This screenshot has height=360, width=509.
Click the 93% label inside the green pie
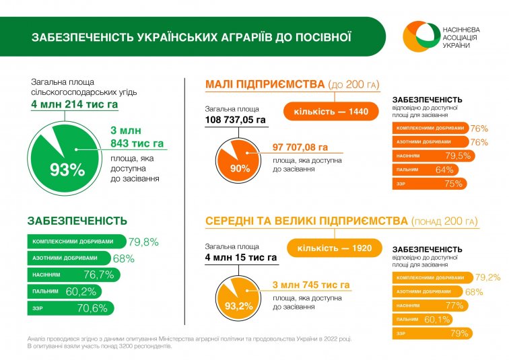coord(67,170)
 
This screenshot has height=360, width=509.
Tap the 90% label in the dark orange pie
coord(240,168)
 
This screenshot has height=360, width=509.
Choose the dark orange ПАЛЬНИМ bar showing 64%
coord(421,170)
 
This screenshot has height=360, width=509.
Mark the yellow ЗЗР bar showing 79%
coord(431,333)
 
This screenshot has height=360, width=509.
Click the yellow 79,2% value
coord(488,277)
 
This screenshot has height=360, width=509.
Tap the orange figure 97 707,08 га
coord(300,147)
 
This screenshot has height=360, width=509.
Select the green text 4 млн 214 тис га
coord(75,104)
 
